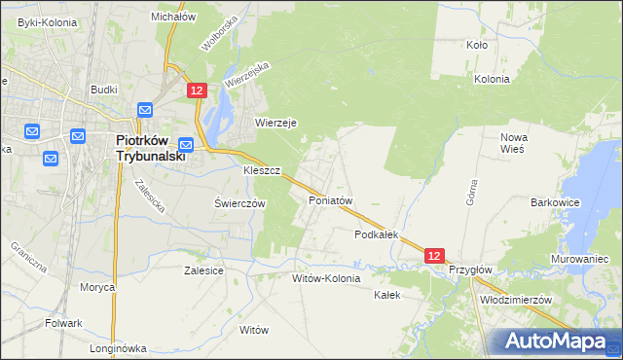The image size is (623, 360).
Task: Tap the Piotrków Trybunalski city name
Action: pos(143,147)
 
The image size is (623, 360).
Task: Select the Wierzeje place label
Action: pos(275,123)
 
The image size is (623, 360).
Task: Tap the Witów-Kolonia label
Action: pos(326,278)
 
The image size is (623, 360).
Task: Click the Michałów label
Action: pos(174,17)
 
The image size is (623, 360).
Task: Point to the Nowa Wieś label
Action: pos(513,143)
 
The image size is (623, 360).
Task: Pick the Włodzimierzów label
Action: pos(516,301)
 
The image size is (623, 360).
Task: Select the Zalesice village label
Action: pos(203,271)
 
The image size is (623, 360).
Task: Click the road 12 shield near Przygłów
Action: pos(435,256)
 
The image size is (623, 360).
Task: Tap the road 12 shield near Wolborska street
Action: pos(197,90)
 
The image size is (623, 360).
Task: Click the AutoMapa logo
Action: pos(554,341)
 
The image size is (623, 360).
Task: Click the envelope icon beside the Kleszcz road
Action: pos(186,145)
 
